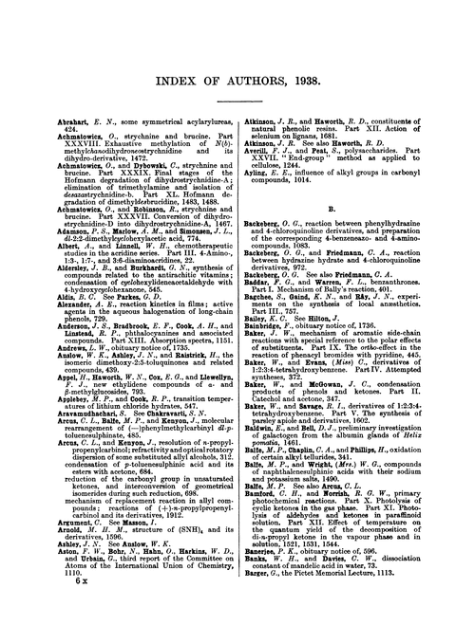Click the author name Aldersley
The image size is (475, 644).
click(x=37, y=269)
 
